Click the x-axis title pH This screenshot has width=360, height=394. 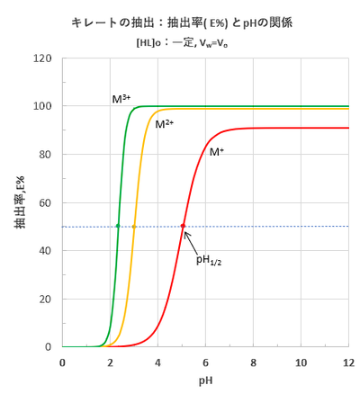coord(206,380)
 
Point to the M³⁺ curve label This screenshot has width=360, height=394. coord(121,98)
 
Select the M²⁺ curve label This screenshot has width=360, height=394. coord(165,123)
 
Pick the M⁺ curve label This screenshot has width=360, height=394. coord(217,152)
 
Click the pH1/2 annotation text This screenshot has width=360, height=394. coord(209,259)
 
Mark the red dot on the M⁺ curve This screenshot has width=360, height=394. coord(183,226)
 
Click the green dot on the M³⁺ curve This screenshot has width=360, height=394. coord(118,226)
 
